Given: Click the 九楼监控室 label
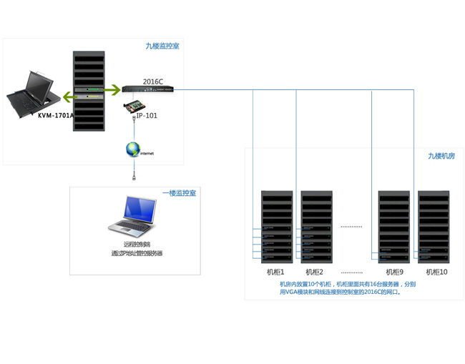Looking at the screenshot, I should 162,46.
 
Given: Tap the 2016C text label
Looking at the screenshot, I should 152,82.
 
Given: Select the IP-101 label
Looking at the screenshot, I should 147,114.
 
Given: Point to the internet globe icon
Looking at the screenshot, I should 133,149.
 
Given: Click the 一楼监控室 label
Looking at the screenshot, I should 179,193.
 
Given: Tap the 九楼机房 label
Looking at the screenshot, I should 441,156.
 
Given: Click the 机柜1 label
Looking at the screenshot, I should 275,272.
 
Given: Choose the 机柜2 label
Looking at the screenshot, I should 315,272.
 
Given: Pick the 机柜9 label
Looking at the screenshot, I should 394,272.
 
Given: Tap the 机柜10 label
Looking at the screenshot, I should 436,272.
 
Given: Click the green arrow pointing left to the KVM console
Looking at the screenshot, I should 69,96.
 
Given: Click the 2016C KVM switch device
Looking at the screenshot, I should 147,89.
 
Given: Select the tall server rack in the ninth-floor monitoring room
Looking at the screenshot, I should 89,91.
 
